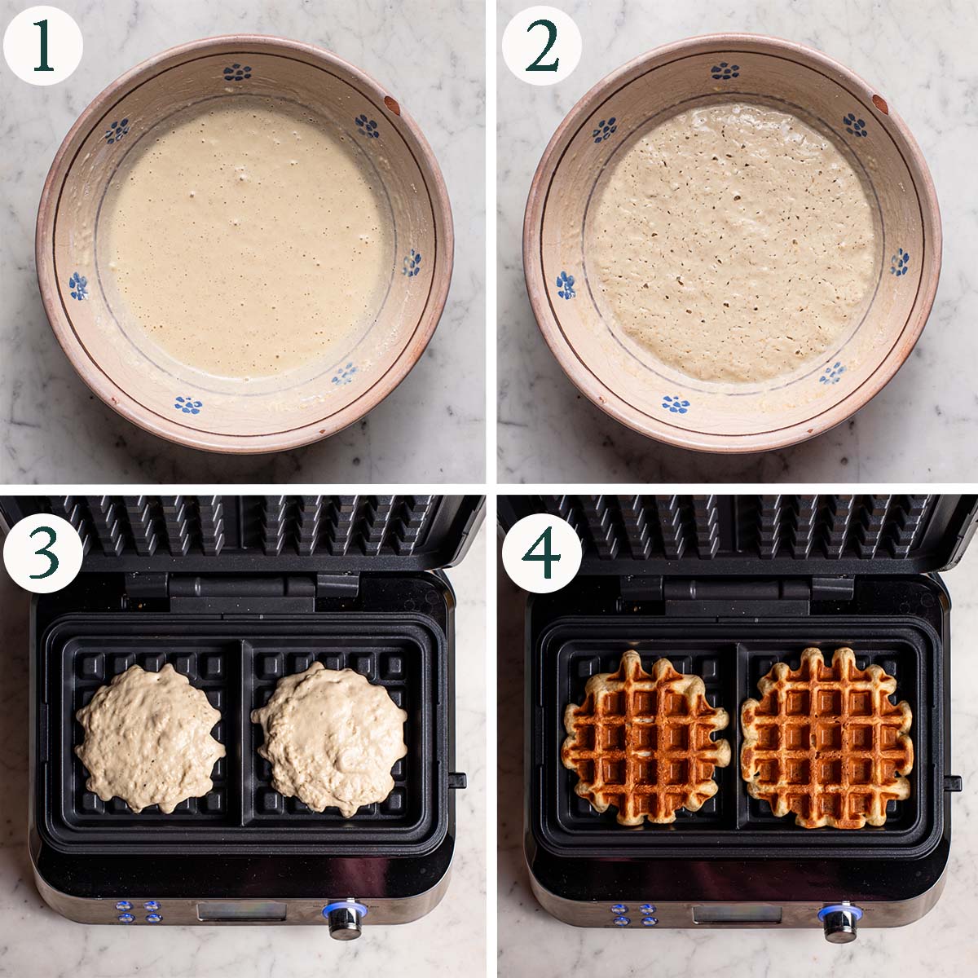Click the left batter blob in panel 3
click(151, 738)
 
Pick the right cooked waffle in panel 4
click(827, 737)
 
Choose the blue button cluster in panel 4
click(634, 914)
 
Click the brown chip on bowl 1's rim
click(391, 104)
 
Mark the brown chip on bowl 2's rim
click(879, 104)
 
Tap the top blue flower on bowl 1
click(237, 73)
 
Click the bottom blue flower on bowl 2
click(676, 403)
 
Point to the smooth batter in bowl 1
click(244, 244)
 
